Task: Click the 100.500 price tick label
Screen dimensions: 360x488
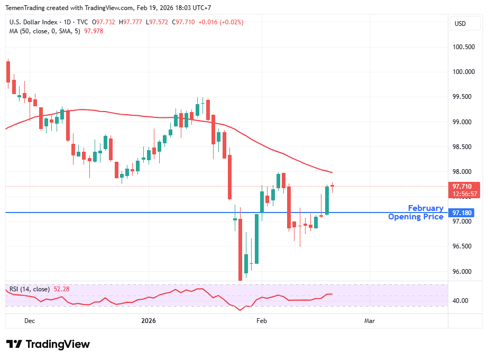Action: pyautogui.click(x=464, y=47)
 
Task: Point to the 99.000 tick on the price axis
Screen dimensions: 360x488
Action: pyautogui.click(x=464, y=122)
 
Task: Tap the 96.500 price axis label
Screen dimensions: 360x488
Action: pyautogui.click(x=464, y=247)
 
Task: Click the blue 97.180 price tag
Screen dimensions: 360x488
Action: pyautogui.click(x=463, y=213)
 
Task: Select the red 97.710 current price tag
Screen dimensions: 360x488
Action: pyautogui.click(x=463, y=187)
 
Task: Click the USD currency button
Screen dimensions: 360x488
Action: pyautogui.click(x=460, y=23)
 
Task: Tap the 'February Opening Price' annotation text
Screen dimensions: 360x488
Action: pyautogui.click(x=416, y=213)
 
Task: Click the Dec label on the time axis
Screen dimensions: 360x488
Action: pyautogui.click(x=30, y=320)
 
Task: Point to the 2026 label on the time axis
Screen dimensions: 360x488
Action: pyautogui.click(x=148, y=320)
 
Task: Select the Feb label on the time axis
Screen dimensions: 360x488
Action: pyautogui.click(x=261, y=320)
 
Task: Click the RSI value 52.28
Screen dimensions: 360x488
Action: pyautogui.click(x=62, y=289)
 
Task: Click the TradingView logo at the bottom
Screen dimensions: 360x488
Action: pyautogui.click(x=48, y=344)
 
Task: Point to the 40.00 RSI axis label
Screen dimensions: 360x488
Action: pyautogui.click(x=461, y=301)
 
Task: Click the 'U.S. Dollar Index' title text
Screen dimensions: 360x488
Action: pyautogui.click(x=33, y=22)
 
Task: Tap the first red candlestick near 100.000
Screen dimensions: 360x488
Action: pyautogui.click(x=8, y=71)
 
